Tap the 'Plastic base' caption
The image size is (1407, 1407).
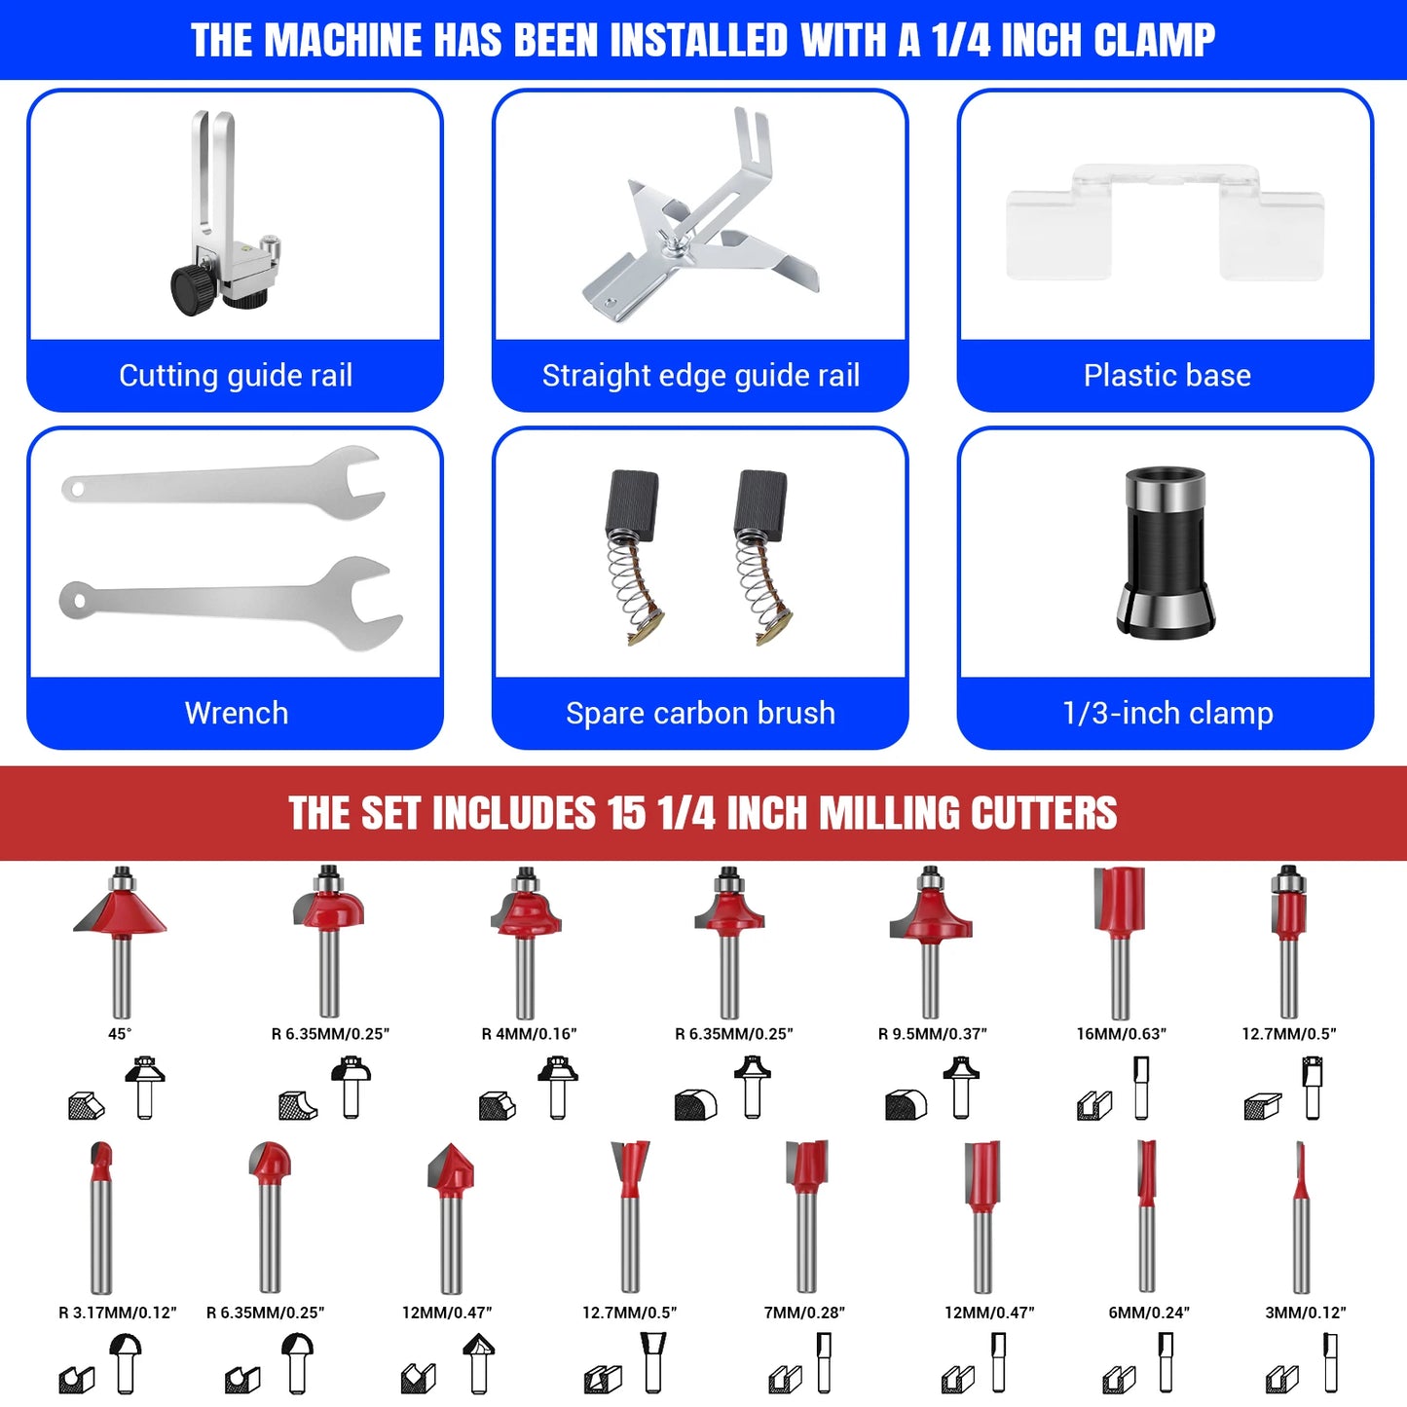1166,375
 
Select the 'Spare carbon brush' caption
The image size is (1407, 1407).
700,714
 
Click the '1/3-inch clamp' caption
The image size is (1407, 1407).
1166,714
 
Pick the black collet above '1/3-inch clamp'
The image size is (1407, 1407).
1166,552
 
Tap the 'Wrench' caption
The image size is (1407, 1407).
236,714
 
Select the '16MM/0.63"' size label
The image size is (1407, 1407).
1121,1034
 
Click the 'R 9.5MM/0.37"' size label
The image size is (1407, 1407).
933,1034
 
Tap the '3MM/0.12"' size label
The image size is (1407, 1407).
1306,1313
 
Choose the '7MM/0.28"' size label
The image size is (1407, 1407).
804,1313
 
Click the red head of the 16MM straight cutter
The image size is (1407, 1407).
1120,902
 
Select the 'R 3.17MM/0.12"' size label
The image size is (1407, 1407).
118,1313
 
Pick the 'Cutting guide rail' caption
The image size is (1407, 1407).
236,375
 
